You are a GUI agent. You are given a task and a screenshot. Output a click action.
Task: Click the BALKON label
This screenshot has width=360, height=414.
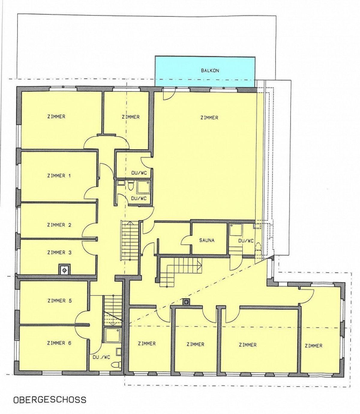click(210, 71)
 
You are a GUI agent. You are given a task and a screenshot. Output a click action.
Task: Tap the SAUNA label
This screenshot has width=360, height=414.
click(207, 240)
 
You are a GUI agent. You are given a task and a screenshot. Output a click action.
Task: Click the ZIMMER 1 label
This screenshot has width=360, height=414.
click(59, 176)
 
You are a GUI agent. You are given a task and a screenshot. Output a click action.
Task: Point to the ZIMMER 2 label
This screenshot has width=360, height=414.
click(59, 225)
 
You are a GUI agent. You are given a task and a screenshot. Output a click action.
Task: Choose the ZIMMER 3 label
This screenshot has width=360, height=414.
click(59, 252)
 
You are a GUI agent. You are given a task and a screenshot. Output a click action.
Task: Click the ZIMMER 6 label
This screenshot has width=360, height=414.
click(59, 343)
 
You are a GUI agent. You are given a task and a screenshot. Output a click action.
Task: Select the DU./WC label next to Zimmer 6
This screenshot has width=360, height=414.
click(101, 357)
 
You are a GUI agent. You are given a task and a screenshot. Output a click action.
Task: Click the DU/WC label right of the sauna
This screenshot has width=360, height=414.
click(246, 241)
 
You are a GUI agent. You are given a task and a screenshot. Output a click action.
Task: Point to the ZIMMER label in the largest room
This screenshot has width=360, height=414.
click(209, 117)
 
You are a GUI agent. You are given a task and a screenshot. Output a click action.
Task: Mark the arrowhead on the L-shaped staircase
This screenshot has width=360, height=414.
click(200, 264)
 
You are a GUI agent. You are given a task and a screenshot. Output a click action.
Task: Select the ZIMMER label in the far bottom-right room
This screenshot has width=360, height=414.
click(313, 346)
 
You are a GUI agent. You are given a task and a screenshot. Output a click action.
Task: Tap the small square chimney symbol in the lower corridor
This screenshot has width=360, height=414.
click(186, 302)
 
